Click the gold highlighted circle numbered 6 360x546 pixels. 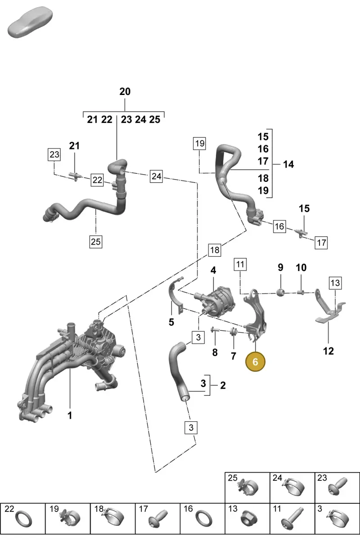255,362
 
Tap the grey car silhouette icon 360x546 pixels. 30,22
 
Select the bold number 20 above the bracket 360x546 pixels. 125,92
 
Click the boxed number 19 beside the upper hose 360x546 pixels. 200,143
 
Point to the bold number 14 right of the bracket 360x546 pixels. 288,164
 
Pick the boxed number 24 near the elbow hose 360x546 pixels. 156,176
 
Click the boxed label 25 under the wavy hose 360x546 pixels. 95,242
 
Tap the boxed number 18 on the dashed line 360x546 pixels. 215,250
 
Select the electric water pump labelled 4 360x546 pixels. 215,302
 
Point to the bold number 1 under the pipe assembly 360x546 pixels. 70,415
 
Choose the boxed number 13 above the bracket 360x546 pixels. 335,283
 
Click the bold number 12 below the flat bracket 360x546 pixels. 328,351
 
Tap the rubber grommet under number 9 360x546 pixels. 280,292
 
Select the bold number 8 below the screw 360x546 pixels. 215,352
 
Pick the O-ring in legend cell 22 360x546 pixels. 24,519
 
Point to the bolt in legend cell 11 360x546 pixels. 292,518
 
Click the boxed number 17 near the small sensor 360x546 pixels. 321,243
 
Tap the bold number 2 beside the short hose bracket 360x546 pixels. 223,385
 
